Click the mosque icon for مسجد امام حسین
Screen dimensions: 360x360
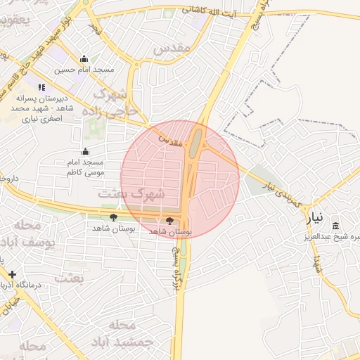(x=84, y=59)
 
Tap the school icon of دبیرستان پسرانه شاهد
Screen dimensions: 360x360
(x=41, y=88)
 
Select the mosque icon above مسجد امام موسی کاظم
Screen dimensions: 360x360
(x=86, y=150)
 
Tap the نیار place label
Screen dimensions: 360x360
(x=318, y=218)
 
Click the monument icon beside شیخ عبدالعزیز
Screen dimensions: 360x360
(x=335, y=226)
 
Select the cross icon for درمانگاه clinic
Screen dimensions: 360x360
(x=12, y=274)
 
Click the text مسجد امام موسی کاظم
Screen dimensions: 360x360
(x=86, y=167)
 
